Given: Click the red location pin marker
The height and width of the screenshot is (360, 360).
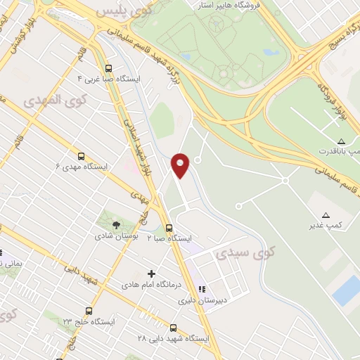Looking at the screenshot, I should pyautogui.click(x=181, y=165).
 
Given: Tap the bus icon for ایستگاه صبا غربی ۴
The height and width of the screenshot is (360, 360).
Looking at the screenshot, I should pyautogui.click(x=108, y=69).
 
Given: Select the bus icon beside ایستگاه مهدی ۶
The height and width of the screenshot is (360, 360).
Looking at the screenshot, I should pyautogui.click(x=81, y=156).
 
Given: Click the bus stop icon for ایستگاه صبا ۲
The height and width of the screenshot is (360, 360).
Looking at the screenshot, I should pyautogui.click(x=169, y=228).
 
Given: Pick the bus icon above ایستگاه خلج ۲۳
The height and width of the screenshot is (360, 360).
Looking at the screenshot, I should pyautogui.click(x=89, y=310).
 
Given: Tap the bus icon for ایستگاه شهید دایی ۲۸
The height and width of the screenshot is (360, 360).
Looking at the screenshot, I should pyautogui.click(x=174, y=328).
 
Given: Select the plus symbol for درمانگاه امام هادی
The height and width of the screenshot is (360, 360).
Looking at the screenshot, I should pyautogui.click(x=150, y=274).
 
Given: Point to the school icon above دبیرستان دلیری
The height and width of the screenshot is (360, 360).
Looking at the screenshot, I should pyautogui.click(x=202, y=288).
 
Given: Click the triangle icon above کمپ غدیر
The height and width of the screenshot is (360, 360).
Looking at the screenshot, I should pyautogui.click(x=325, y=215).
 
